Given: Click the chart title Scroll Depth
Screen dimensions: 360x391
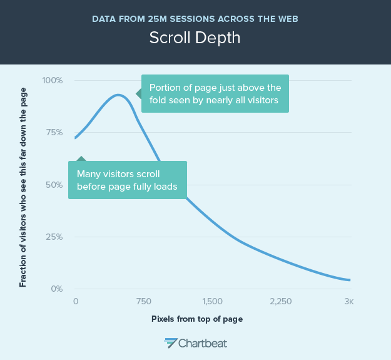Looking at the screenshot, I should [195, 38].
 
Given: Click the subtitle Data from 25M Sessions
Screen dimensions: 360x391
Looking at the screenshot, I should [195, 18].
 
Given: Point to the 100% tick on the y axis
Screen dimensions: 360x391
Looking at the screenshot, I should [52, 80].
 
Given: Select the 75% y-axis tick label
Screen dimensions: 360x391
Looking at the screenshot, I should [53, 133].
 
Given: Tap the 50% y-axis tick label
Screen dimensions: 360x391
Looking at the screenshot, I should [53, 185].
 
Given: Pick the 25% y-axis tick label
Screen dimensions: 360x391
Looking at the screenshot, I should [53, 237].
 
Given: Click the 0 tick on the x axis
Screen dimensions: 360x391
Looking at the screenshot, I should [76, 301].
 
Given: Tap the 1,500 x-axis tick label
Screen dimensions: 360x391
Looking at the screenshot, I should [213, 301].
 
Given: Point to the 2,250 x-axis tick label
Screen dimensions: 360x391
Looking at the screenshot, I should [281, 301].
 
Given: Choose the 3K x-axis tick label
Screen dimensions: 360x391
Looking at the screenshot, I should [349, 301].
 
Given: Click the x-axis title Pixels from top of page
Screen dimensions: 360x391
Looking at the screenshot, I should [197, 319].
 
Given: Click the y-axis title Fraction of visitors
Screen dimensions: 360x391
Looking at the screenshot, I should [23, 187].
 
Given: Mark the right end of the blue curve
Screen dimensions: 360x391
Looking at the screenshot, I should [350, 280].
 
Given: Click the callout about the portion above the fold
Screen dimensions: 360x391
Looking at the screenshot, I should [215, 93].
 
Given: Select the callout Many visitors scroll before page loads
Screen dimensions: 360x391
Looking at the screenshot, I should [128, 180].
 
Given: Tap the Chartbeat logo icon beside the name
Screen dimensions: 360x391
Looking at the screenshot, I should [171, 342].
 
